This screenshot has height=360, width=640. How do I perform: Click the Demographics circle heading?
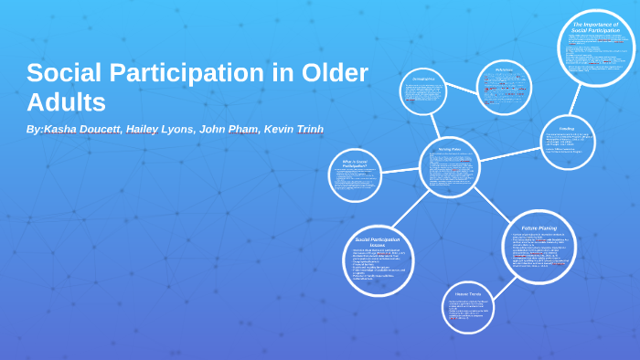423,79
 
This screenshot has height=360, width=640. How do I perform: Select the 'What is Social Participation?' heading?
356,164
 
